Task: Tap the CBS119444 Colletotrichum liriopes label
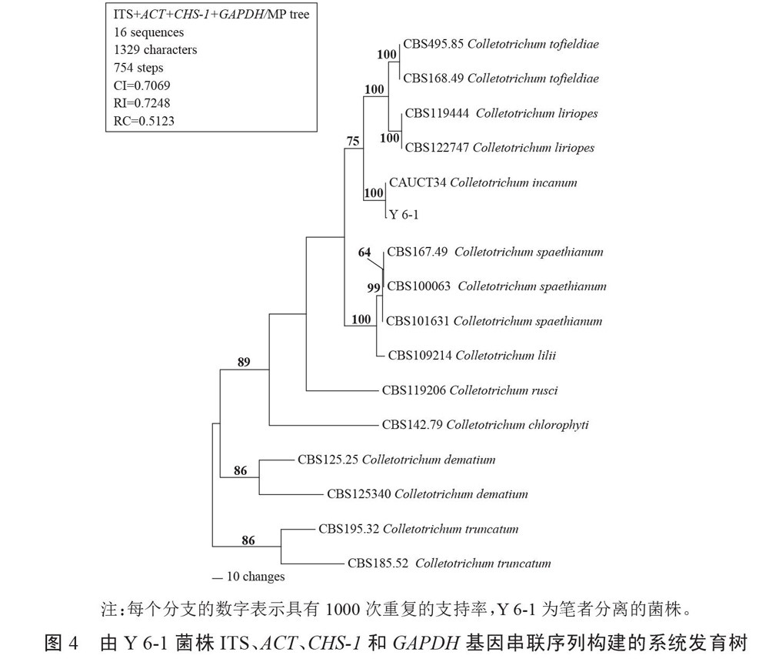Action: (x=501, y=113)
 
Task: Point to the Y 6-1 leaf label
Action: (x=404, y=215)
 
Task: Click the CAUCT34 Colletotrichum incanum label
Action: (x=483, y=182)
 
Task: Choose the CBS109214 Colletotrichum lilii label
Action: (x=472, y=355)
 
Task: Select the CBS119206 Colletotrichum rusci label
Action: (x=470, y=390)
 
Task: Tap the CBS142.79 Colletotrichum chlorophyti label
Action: (x=485, y=424)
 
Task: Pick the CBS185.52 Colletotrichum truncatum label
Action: (x=449, y=563)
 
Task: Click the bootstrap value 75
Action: (x=353, y=141)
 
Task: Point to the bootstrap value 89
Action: (x=244, y=361)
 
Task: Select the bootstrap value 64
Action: (x=365, y=253)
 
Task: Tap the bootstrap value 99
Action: (x=374, y=288)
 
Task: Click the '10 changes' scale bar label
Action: (x=255, y=577)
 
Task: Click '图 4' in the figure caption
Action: (x=62, y=642)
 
